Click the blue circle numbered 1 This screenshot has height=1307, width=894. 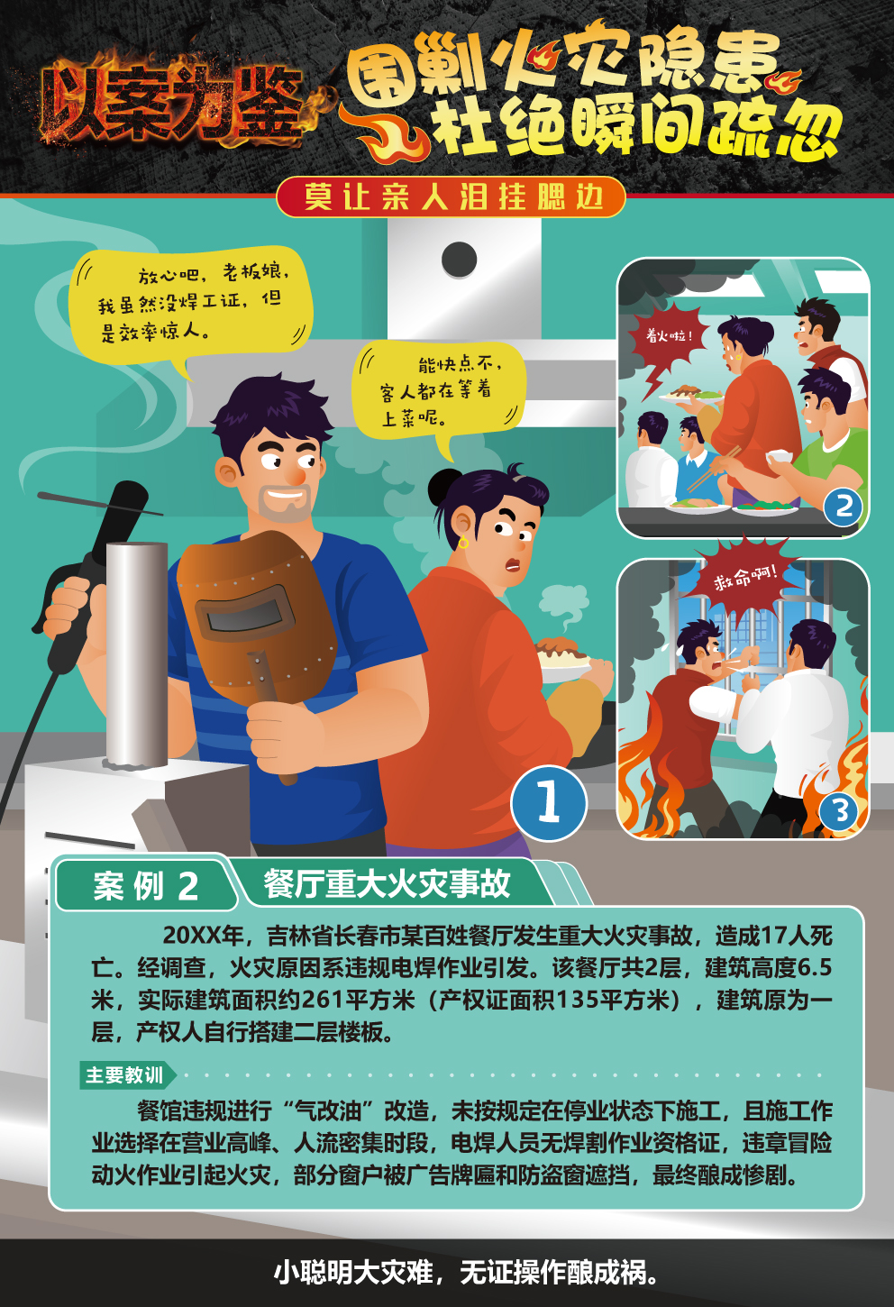tap(549, 802)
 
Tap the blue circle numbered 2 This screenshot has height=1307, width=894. tap(844, 506)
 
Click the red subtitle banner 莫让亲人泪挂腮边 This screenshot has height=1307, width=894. tap(452, 197)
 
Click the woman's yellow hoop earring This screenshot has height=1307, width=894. tap(463, 543)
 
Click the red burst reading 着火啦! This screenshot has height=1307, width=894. tap(670, 344)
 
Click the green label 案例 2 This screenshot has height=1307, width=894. tap(146, 886)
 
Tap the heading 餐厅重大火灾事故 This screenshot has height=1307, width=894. tap(387, 883)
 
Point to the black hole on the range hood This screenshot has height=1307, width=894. tap(460, 259)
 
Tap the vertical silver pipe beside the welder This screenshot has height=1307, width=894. tap(137, 653)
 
